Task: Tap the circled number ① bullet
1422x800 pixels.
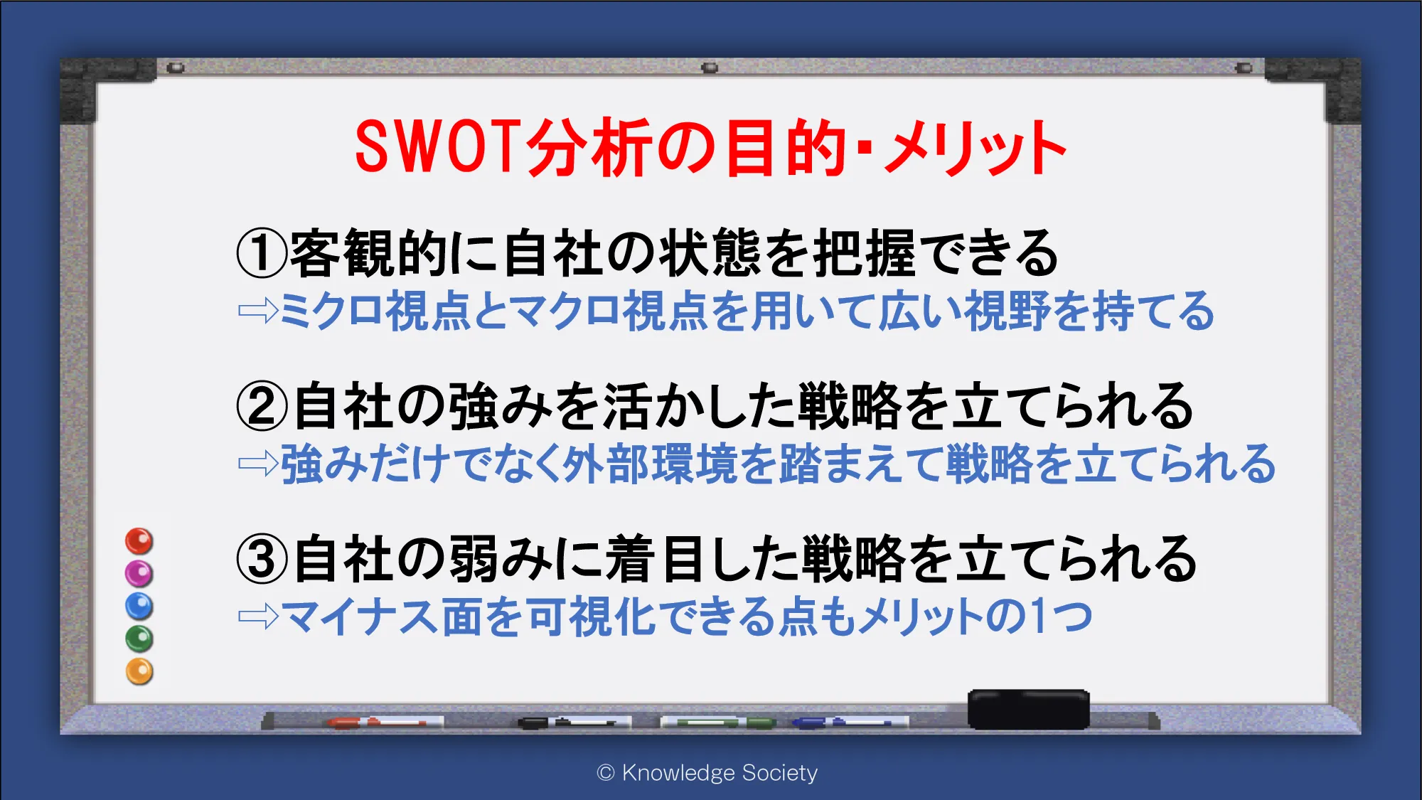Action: coord(262,253)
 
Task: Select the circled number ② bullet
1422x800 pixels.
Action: coord(262,406)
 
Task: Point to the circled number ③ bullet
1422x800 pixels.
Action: coord(262,559)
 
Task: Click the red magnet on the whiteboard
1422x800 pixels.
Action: coord(139,541)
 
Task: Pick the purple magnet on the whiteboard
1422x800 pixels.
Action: coord(139,573)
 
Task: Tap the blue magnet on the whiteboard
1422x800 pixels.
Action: coord(139,606)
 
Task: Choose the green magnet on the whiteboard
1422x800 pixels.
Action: coord(139,639)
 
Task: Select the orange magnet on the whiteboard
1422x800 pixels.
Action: coord(139,671)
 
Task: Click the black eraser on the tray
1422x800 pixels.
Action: coord(1029,709)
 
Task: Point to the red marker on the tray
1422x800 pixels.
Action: coord(385,722)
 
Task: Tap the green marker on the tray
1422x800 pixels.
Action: coord(718,722)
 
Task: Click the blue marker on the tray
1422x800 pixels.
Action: coord(850,722)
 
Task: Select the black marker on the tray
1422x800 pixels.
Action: coord(574,722)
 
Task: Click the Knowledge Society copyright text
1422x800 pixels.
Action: coord(707,773)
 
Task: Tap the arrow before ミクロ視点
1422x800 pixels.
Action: coord(258,310)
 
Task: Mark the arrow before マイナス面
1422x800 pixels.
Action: coord(258,616)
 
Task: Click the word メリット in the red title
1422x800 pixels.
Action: coord(975,148)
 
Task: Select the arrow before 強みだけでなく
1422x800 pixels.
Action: coord(258,464)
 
